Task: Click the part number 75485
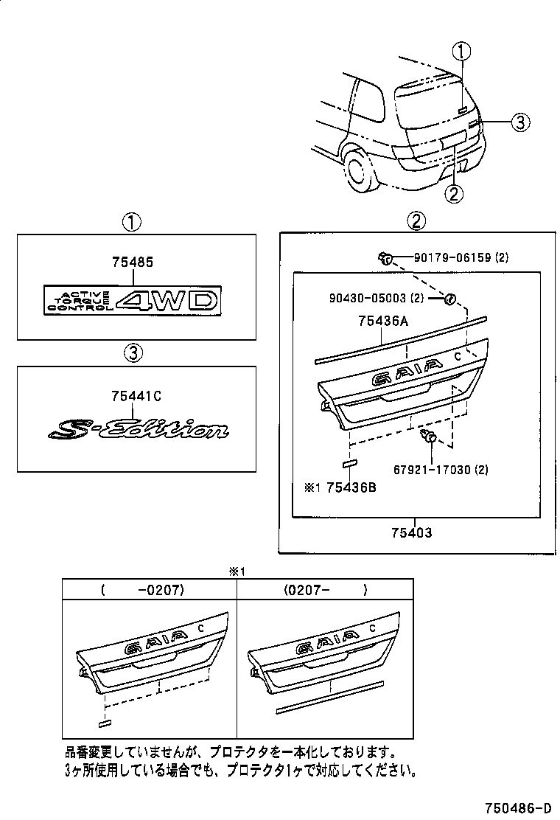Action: tap(133, 263)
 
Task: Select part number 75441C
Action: tap(136, 396)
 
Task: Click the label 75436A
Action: tap(383, 321)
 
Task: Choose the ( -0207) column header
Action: tap(148, 590)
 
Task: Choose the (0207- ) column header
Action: tap(323, 590)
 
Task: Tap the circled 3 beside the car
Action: tap(519, 122)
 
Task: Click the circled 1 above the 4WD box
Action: tap(132, 220)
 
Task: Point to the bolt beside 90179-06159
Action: tap(385, 257)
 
